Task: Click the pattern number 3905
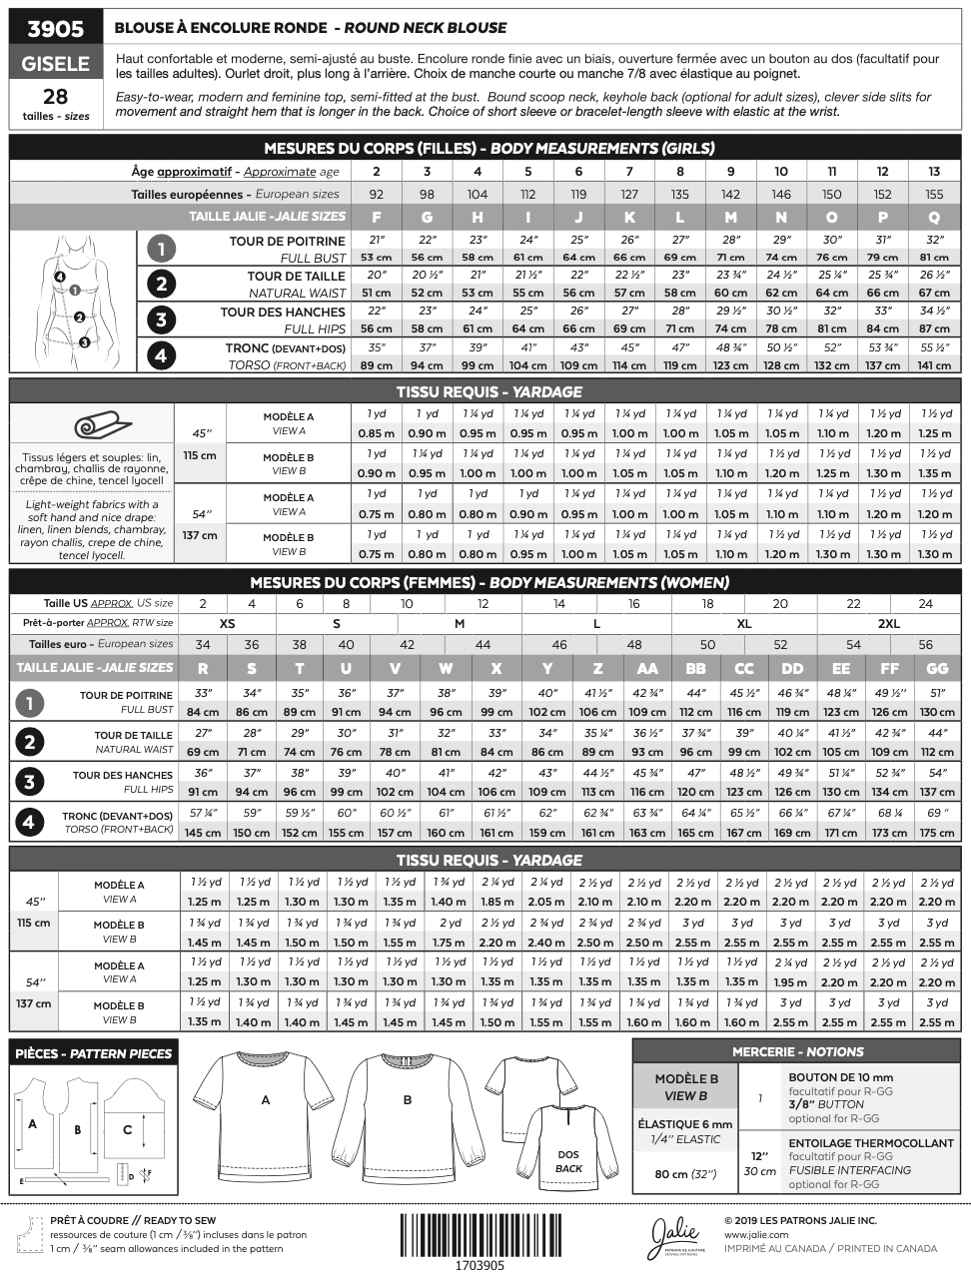55,29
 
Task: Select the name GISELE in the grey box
55,64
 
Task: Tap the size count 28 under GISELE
55,97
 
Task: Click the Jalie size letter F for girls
377,217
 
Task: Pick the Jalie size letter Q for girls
934,217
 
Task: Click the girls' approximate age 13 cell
934,172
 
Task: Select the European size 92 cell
377,195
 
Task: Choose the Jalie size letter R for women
203,668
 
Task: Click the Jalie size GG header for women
937,668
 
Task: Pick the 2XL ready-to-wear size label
888,623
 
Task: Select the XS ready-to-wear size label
228,623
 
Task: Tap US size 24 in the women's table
926,603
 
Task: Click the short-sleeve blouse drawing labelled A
265,1108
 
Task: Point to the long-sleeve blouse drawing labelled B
407,1108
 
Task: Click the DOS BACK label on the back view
568,1161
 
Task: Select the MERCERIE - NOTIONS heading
796,1051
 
